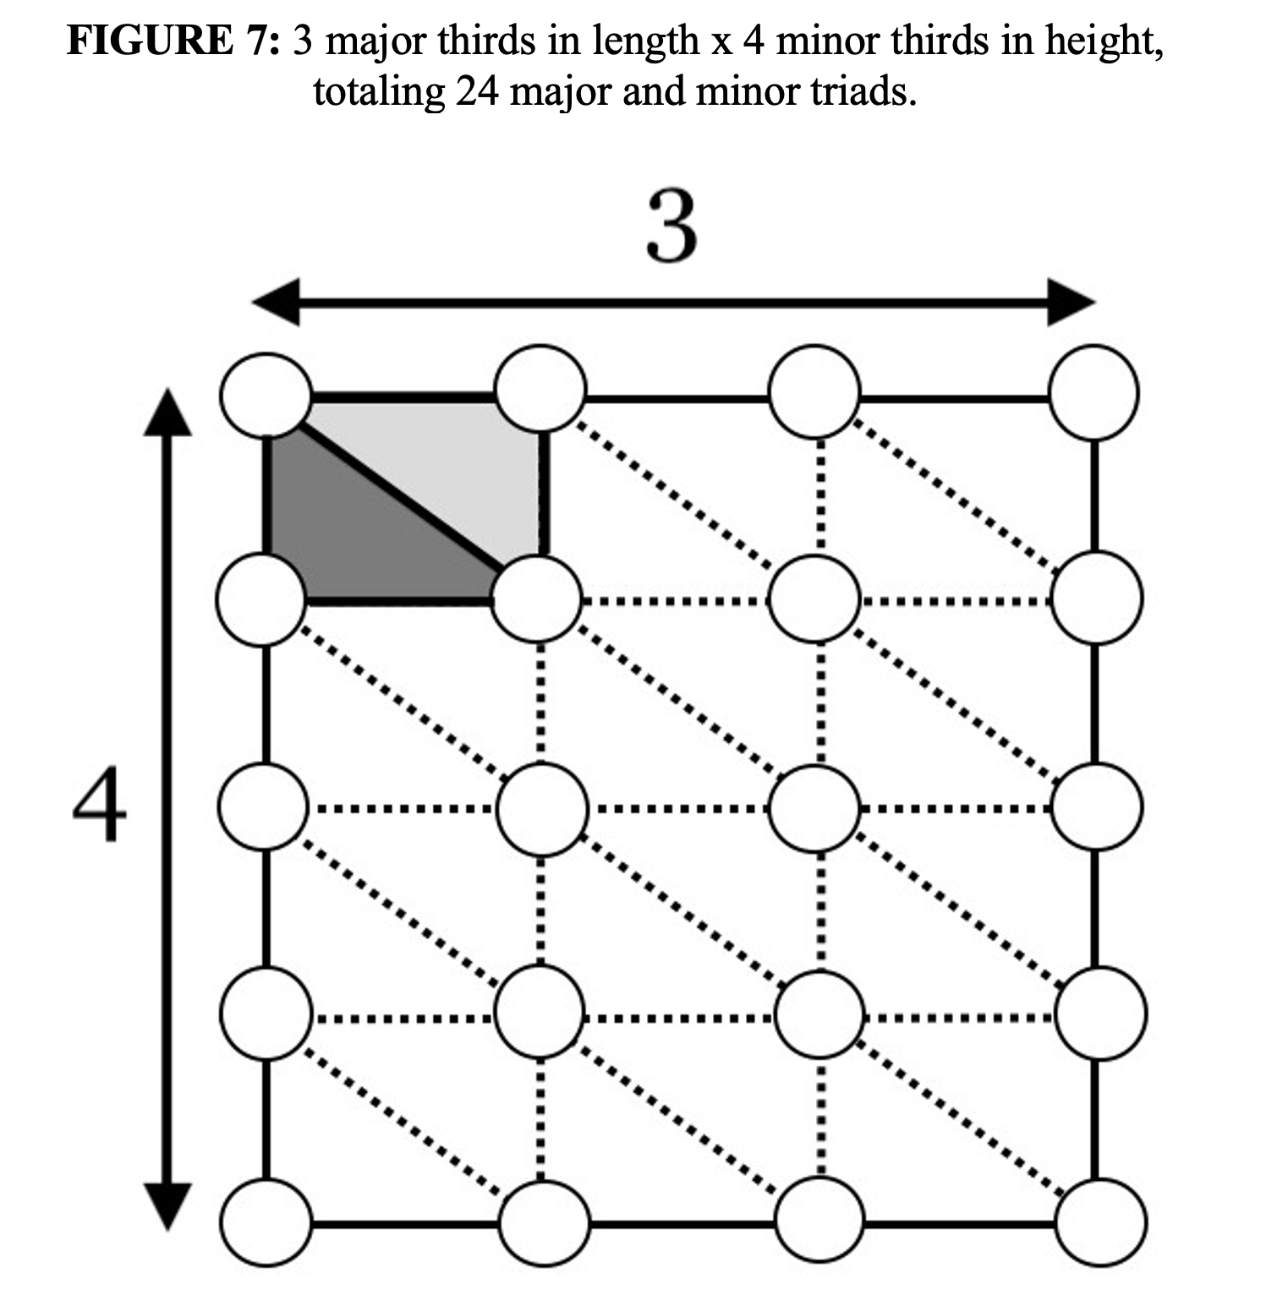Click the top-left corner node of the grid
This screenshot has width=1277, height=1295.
coord(266,394)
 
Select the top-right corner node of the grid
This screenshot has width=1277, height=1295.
coord(1094,392)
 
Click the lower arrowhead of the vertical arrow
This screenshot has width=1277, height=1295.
coord(167,1205)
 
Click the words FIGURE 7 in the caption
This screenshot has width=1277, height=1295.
coord(173,41)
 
